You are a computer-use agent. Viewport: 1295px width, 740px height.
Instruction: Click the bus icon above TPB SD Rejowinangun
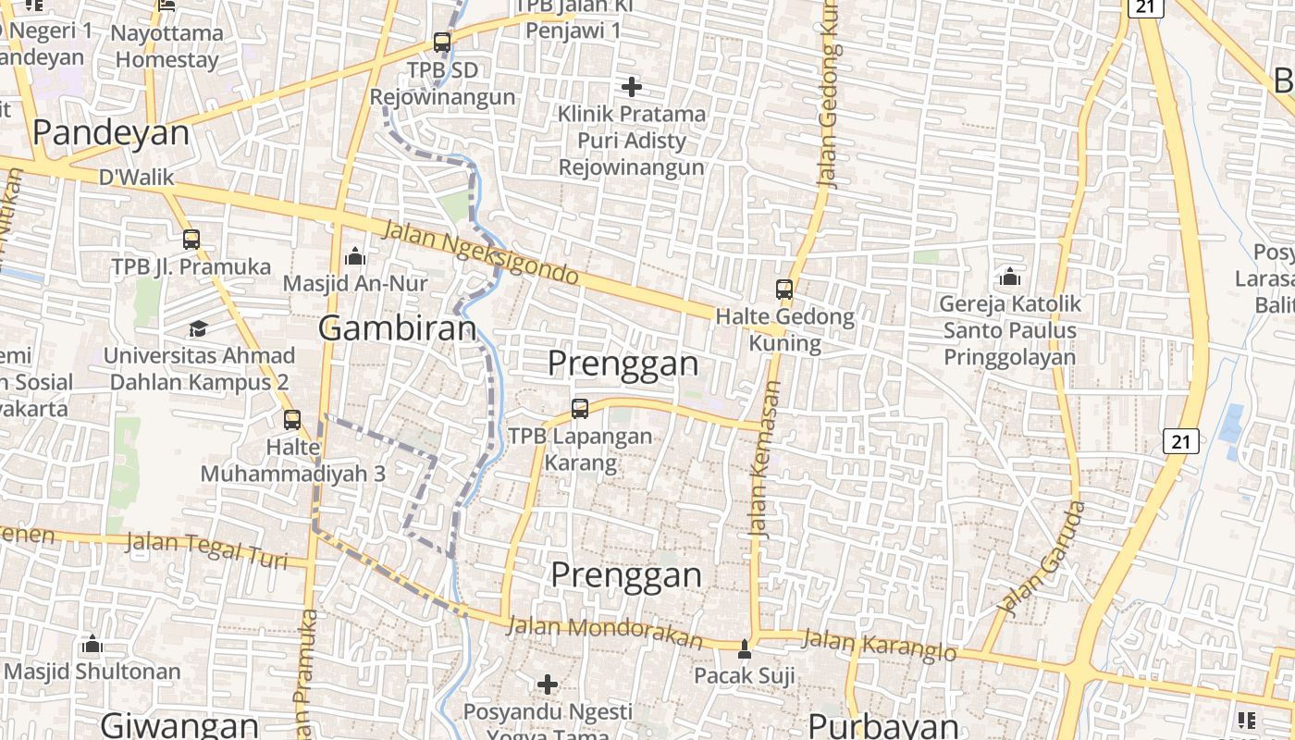click(x=442, y=42)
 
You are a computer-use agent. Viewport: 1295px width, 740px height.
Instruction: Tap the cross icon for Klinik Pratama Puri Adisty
click(x=632, y=87)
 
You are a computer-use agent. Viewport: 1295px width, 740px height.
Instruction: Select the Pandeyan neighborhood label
click(x=111, y=133)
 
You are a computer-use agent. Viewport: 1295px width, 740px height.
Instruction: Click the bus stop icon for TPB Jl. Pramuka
click(x=191, y=240)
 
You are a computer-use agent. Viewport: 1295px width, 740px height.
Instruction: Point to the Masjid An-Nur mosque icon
click(x=355, y=256)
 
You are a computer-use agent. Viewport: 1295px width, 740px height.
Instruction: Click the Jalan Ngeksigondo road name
click(x=480, y=253)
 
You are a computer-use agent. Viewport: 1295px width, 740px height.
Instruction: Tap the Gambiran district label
click(x=398, y=327)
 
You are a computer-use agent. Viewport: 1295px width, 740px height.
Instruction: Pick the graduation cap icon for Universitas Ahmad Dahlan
click(x=198, y=328)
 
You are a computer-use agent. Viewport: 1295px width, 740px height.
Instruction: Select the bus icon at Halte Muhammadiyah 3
click(x=292, y=420)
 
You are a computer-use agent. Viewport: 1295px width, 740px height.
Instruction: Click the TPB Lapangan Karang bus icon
click(x=580, y=408)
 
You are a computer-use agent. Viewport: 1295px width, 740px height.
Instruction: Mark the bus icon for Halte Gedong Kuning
click(x=784, y=290)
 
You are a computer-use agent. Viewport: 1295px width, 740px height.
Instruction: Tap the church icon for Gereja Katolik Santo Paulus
click(x=1009, y=277)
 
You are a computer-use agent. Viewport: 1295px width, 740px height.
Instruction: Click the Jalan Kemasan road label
click(x=764, y=460)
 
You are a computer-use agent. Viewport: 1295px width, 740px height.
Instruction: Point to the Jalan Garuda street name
click(x=1042, y=560)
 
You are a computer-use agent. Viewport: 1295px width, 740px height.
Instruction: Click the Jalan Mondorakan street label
click(x=605, y=632)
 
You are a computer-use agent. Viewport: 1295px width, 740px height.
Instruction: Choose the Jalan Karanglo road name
click(x=878, y=645)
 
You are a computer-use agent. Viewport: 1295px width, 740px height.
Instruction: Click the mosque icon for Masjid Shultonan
click(x=92, y=644)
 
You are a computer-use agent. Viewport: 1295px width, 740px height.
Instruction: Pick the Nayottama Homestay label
click(x=167, y=46)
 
